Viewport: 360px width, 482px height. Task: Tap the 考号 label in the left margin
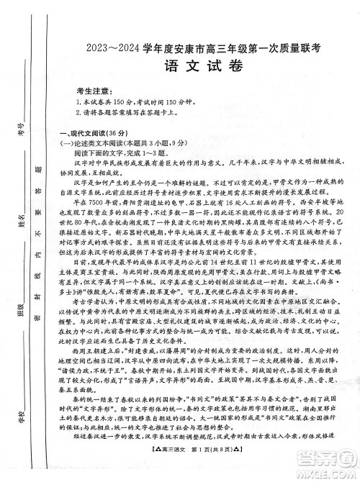(21, 131)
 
